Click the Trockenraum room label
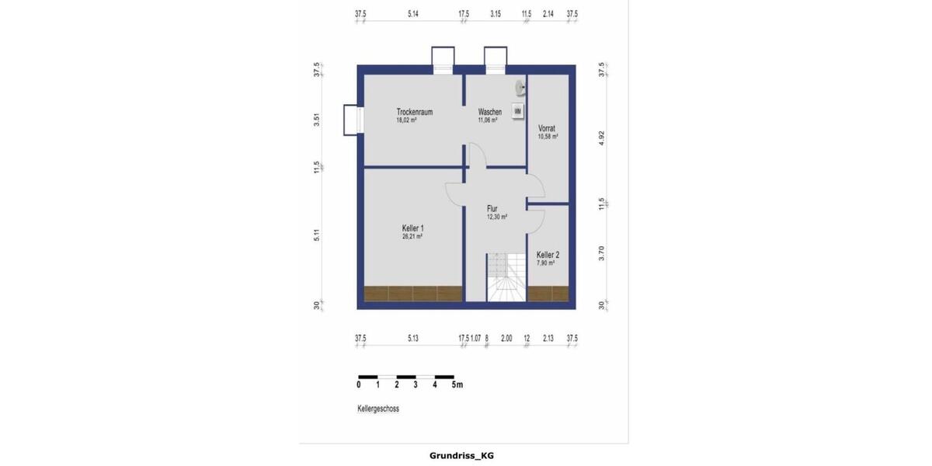tap(414, 112)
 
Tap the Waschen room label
tap(489, 112)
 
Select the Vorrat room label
tap(547, 128)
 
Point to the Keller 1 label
tap(412, 228)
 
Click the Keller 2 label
tap(548, 255)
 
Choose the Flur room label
tap(492, 208)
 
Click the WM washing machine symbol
tap(518, 112)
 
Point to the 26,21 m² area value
tap(412, 236)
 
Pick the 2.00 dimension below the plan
tap(506, 339)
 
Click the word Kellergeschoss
tap(378, 409)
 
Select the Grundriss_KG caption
tap(461, 456)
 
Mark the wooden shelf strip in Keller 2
tap(548, 294)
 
